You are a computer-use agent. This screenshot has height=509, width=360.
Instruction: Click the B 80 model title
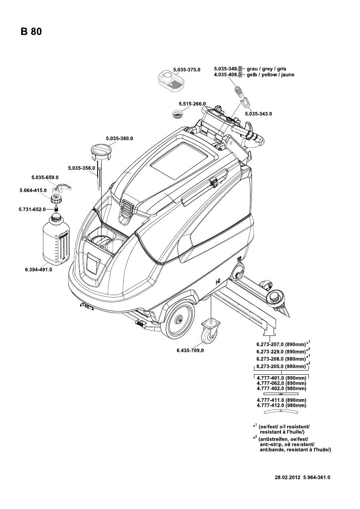[31, 32]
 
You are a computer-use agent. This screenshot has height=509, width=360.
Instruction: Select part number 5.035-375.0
[186, 69]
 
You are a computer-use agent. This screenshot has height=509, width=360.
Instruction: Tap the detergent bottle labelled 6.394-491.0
[57, 240]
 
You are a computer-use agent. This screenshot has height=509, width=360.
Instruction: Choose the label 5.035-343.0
[258, 114]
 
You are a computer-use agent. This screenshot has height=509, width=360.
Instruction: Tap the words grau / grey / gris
[266, 69]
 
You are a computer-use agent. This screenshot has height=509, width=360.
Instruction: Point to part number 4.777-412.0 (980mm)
[281, 405]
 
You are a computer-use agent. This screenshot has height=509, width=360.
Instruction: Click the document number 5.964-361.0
[317, 477]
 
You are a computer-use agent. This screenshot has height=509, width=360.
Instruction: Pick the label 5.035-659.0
[45, 177]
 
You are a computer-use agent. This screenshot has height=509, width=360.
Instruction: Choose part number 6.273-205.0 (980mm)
[281, 366]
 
